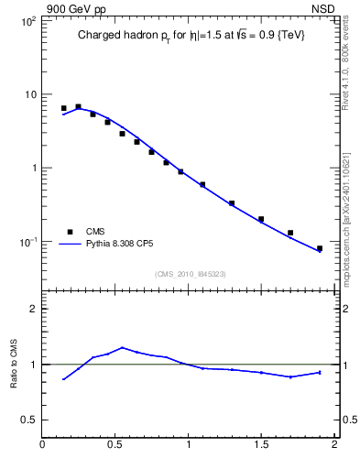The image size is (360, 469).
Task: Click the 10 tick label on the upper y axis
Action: (29, 95)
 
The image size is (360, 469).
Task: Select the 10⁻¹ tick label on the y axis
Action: (27, 242)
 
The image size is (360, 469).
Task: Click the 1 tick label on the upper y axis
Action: (32, 169)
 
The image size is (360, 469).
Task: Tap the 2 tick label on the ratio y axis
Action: (32, 309)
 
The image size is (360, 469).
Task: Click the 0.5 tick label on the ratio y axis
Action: (27, 420)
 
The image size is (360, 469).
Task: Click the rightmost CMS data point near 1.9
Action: (320, 248)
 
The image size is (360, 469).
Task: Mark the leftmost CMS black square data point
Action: (63, 108)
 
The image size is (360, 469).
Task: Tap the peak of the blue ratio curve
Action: (122, 347)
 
